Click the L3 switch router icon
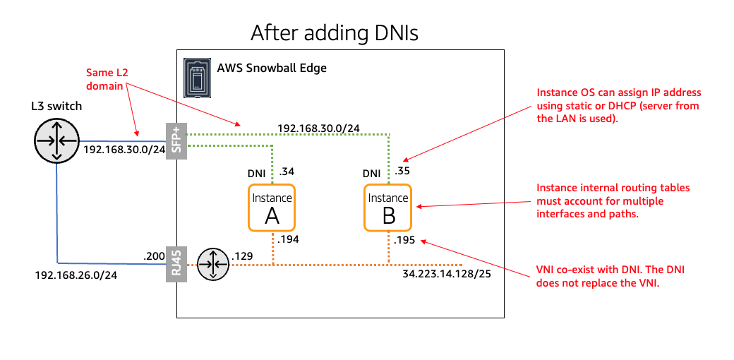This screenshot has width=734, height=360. pyautogui.click(x=56, y=140)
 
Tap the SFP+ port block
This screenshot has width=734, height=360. pyautogui.click(x=176, y=140)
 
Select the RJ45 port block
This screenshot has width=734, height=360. pyautogui.click(x=176, y=265)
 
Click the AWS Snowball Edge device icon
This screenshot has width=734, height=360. pyautogui.click(x=197, y=77)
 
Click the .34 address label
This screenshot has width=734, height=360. pyautogui.click(x=287, y=172)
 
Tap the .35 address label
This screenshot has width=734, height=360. pyautogui.click(x=402, y=172)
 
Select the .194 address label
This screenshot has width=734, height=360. pyautogui.click(x=288, y=240)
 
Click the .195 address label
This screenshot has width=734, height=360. pyautogui.click(x=404, y=240)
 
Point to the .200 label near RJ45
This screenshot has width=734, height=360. pyautogui.click(x=153, y=256)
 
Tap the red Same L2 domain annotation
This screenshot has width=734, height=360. pyautogui.click(x=103, y=78)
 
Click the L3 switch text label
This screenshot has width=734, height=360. pyautogui.click(x=56, y=107)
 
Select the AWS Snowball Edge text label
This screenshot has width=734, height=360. pyautogui.click(x=272, y=68)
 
